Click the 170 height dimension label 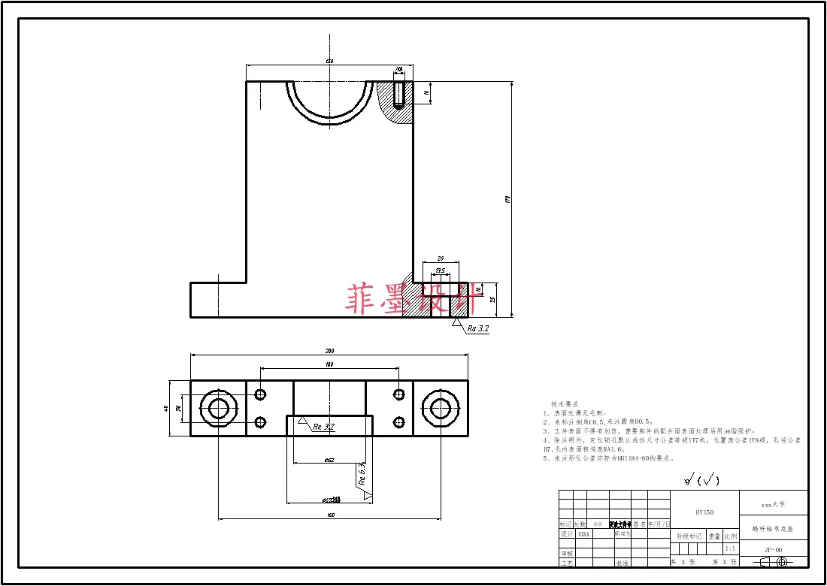508,199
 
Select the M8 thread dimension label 398,70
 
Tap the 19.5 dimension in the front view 440,270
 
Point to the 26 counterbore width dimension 441,258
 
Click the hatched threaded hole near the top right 399,95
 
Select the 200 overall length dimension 329,352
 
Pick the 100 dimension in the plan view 329,364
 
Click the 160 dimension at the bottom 329,515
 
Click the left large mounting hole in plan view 219,409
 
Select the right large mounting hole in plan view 440,409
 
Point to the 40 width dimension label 166,409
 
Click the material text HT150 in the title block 704,512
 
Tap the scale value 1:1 729,549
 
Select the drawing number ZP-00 774,550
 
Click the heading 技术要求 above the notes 565,403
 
